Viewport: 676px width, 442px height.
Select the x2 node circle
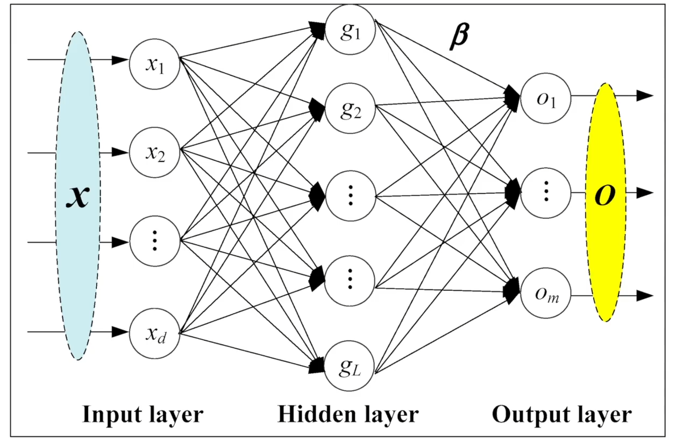(154, 153)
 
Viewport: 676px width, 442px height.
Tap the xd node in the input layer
(154, 333)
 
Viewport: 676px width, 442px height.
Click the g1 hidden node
(350, 30)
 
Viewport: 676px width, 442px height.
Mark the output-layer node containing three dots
(545, 192)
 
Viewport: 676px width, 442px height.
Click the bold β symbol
(459, 37)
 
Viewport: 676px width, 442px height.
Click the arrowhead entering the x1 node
(120, 60)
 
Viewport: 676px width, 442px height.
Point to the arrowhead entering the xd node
(120, 332)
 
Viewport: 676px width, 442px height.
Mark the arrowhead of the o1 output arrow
(645, 96)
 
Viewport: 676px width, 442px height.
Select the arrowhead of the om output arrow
(645, 295)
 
